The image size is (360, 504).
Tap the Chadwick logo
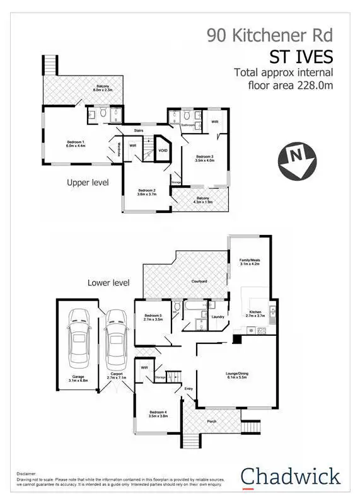291,476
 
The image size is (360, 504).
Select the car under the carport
116,341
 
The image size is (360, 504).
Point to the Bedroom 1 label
76,144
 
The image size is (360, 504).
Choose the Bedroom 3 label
205,158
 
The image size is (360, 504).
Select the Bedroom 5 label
154,318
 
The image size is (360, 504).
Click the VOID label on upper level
163,151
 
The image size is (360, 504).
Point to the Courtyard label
200,282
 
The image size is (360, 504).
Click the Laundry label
219,317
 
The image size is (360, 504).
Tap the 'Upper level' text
88,183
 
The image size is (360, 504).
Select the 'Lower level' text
108,283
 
